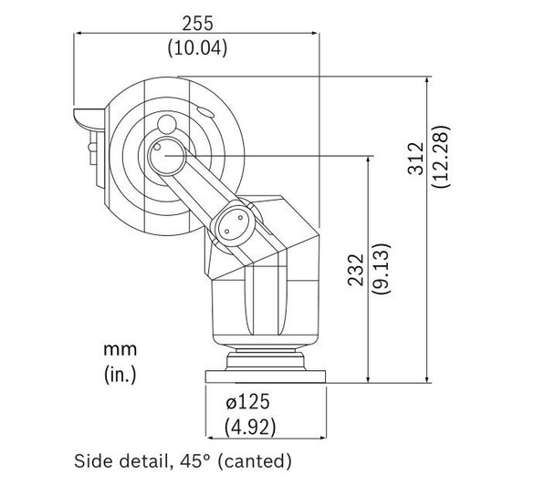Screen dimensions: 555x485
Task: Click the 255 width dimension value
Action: [197, 24]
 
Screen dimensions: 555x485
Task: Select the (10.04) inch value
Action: [197, 47]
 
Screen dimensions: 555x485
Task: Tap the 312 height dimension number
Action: [416, 159]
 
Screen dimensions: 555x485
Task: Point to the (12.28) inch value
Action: [441, 156]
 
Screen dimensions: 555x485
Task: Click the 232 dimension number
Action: [356, 270]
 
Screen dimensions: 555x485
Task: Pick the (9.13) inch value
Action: [382, 269]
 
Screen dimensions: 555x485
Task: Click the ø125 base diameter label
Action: [247, 402]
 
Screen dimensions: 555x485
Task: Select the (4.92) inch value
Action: [250, 427]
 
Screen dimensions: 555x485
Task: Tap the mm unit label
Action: [120, 350]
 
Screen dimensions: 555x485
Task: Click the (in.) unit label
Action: [120, 375]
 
